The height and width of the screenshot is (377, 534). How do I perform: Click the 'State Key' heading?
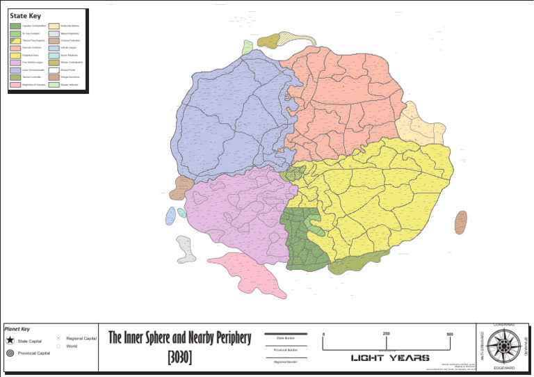click(x=25, y=16)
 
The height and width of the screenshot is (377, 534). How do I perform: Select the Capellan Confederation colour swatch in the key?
click(x=15, y=26)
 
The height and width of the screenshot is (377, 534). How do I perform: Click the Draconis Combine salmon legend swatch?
click(x=15, y=43)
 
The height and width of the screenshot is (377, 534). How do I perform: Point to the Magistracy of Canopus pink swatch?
click(x=15, y=84)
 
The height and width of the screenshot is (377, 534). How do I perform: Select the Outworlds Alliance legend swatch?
click(x=53, y=26)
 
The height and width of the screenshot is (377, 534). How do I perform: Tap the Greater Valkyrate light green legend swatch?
click(x=53, y=84)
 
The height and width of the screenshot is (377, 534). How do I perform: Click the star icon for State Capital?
click(x=10, y=341)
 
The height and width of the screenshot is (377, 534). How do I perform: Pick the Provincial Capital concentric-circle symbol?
click(x=10, y=353)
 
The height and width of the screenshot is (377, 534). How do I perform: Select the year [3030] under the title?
click(x=179, y=358)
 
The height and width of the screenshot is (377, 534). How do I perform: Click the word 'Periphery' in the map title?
click(x=225, y=339)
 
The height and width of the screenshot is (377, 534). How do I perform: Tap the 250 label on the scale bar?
click(x=387, y=335)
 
